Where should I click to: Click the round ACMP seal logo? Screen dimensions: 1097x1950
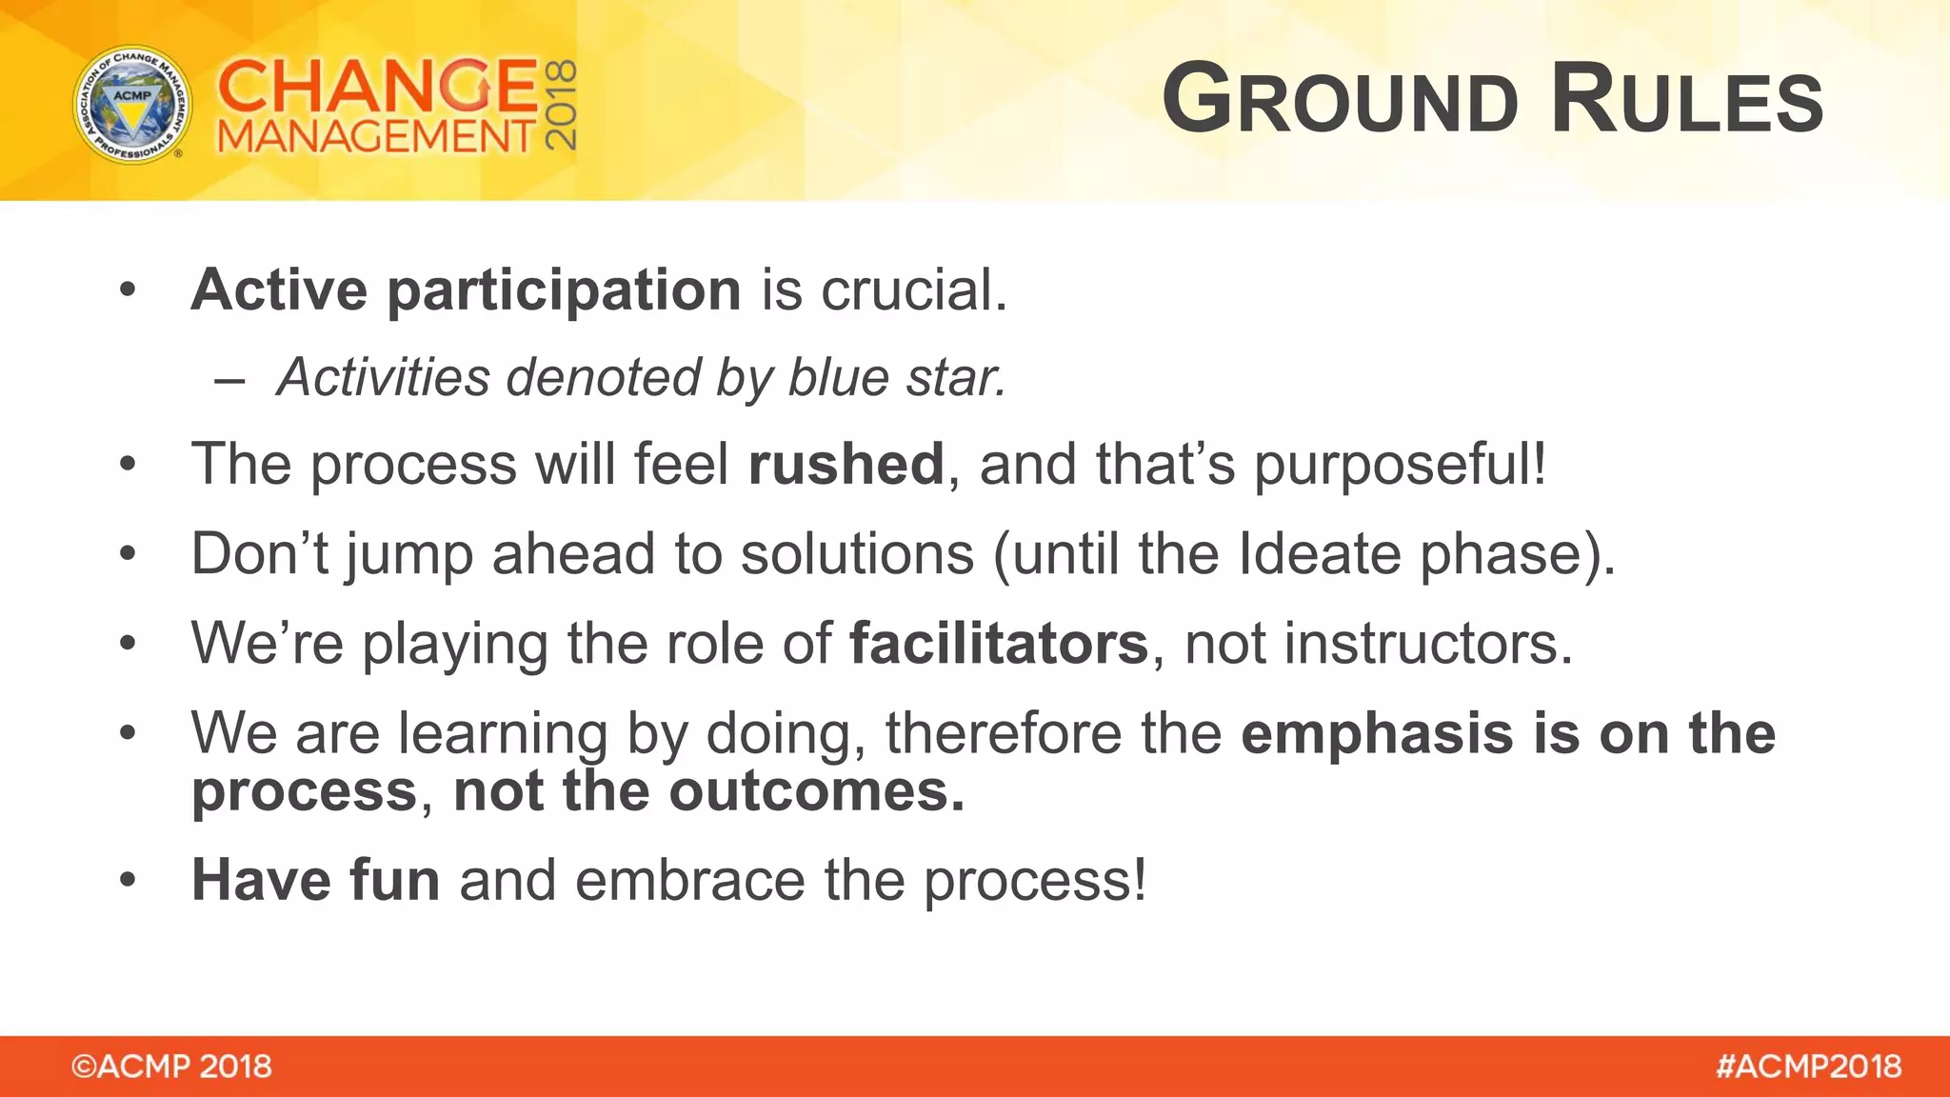(132, 105)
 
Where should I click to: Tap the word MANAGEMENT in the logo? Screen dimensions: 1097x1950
(376, 137)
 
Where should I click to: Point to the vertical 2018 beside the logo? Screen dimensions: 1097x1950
(560, 105)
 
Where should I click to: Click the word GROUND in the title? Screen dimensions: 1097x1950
(1340, 99)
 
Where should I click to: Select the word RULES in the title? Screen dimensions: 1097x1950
(1686, 99)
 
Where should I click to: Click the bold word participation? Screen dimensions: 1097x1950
(564, 290)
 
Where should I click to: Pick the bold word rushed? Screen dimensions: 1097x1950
(846, 465)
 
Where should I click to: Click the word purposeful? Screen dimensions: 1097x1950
(1398, 465)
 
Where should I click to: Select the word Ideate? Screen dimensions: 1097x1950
(1320, 554)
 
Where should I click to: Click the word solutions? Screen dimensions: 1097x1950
(857, 554)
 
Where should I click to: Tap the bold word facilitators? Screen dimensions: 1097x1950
(999, 644)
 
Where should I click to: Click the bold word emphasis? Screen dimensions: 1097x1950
(1377, 734)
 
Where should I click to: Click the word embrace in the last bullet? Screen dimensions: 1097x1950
(690, 880)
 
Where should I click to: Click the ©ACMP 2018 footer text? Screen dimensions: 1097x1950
(171, 1067)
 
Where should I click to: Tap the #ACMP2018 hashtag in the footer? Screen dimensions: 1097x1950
(1808, 1067)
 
